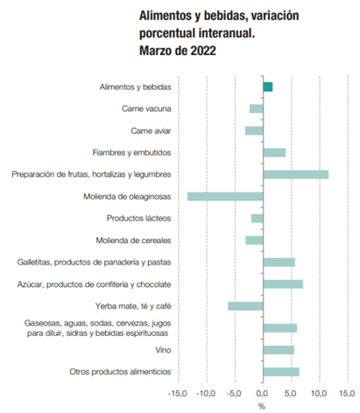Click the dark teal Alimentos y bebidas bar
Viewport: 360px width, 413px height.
coord(268,87)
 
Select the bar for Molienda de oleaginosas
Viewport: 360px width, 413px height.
coord(225,197)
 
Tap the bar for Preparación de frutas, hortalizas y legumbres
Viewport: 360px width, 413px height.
coord(296,174)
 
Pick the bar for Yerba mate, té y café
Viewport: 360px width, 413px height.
coord(245,306)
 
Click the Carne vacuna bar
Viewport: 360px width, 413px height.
coord(257,108)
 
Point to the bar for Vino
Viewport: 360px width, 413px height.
coord(279,350)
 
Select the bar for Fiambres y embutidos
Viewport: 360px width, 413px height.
coord(274,152)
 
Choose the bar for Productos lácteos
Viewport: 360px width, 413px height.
coord(258,219)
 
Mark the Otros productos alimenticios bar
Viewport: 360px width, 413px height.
coord(281,372)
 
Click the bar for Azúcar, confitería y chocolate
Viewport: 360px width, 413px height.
coord(283,284)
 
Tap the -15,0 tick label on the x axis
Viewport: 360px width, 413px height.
coord(178,394)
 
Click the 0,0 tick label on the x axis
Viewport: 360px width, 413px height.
coord(262,394)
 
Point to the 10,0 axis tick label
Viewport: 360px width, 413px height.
coord(319,394)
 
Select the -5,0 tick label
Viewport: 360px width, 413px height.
coord(234,394)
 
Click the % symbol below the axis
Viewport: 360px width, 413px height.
coord(262,406)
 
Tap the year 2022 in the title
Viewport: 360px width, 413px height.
coord(203,51)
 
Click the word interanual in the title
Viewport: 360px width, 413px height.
coord(227,33)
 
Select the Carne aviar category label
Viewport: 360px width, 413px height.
coord(151,130)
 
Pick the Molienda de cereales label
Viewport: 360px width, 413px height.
coord(133,241)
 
